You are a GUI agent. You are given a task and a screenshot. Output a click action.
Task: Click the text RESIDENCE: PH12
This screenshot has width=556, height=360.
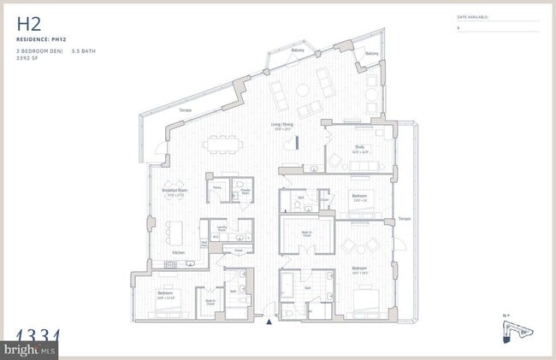tap(40, 40)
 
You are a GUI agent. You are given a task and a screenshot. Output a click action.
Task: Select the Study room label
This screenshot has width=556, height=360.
tap(361, 148)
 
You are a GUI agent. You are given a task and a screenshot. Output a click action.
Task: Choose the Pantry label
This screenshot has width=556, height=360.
tap(217, 186)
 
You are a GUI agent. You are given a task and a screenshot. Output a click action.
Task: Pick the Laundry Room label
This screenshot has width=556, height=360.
tap(221, 229)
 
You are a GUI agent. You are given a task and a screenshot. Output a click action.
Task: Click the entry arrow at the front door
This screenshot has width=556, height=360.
tap(270, 322)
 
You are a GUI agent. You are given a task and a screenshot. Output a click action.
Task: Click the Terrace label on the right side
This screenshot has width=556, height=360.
tap(404, 219)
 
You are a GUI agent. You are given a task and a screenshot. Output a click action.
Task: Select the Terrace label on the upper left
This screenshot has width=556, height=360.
tap(184, 111)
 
